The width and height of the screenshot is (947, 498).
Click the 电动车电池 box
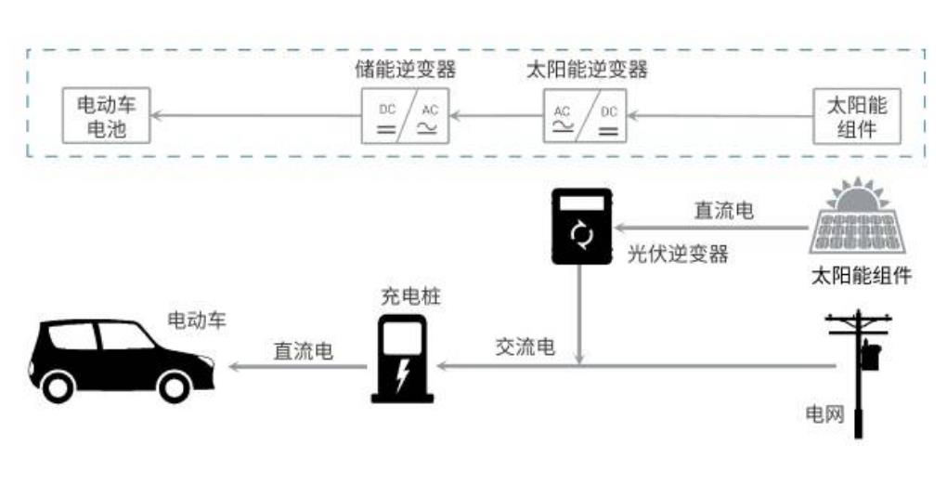pyautogui.click(x=106, y=116)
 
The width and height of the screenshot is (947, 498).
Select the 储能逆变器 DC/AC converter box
pyautogui.click(x=405, y=116)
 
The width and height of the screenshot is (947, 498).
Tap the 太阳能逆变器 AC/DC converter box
pyautogui.click(x=586, y=116)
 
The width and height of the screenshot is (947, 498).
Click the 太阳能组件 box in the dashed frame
pyautogui.click(x=857, y=116)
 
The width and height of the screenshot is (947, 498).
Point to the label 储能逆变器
pyautogui.click(x=406, y=70)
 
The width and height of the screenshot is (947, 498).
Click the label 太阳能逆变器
pyautogui.click(x=587, y=70)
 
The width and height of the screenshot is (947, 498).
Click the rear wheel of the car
pyautogui.click(x=58, y=385)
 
